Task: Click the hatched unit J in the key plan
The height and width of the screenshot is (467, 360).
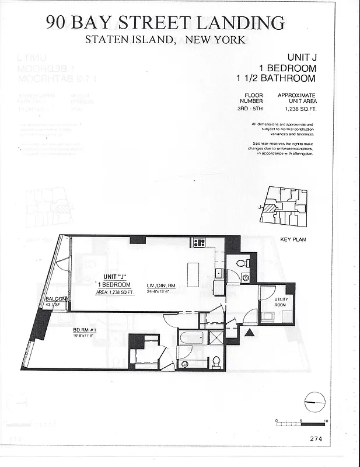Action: click(270, 208)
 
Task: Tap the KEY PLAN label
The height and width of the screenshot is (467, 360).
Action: click(293, 240)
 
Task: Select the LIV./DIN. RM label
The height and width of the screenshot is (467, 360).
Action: click(160, 285)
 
